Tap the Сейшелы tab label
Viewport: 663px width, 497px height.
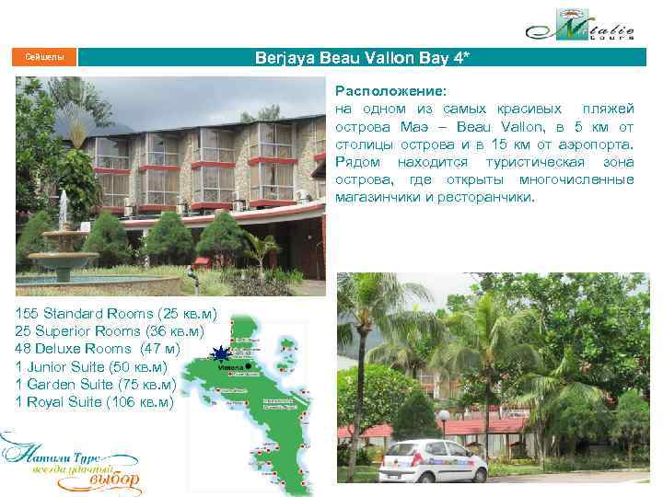44,58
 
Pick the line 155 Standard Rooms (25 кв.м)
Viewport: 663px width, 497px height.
115,313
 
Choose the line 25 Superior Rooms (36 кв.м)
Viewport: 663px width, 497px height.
110,330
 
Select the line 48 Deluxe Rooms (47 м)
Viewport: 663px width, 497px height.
98,349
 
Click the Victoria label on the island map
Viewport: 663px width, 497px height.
230,366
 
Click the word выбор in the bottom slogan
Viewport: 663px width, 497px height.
114,480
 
